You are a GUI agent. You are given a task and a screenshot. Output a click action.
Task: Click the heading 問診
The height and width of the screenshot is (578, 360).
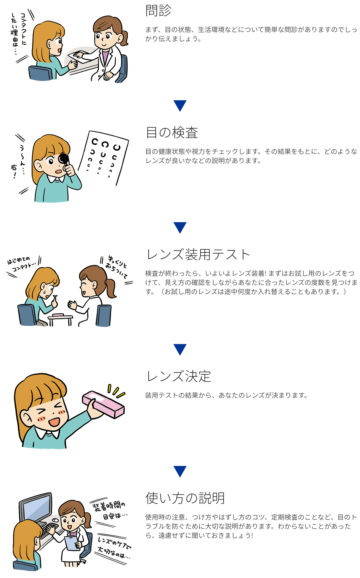[x=158, y=11]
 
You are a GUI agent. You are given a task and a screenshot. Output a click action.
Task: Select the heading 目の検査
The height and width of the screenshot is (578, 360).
[x=172, y=132]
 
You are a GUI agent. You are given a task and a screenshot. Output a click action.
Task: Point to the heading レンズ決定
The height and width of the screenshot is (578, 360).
[x=179, y=376]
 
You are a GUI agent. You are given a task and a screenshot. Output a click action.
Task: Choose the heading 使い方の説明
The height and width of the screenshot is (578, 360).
[x=185, y=498]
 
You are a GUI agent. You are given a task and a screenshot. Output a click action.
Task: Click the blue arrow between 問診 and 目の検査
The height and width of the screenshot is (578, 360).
[x=180, y=106]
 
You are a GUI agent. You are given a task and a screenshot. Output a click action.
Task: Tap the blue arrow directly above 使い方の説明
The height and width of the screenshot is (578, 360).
[x=180, y=471]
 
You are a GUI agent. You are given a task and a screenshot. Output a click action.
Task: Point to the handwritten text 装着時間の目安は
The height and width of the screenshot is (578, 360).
[x=110, y=511]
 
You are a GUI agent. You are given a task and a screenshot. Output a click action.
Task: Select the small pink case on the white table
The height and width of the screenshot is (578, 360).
[x=59, y=315]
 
